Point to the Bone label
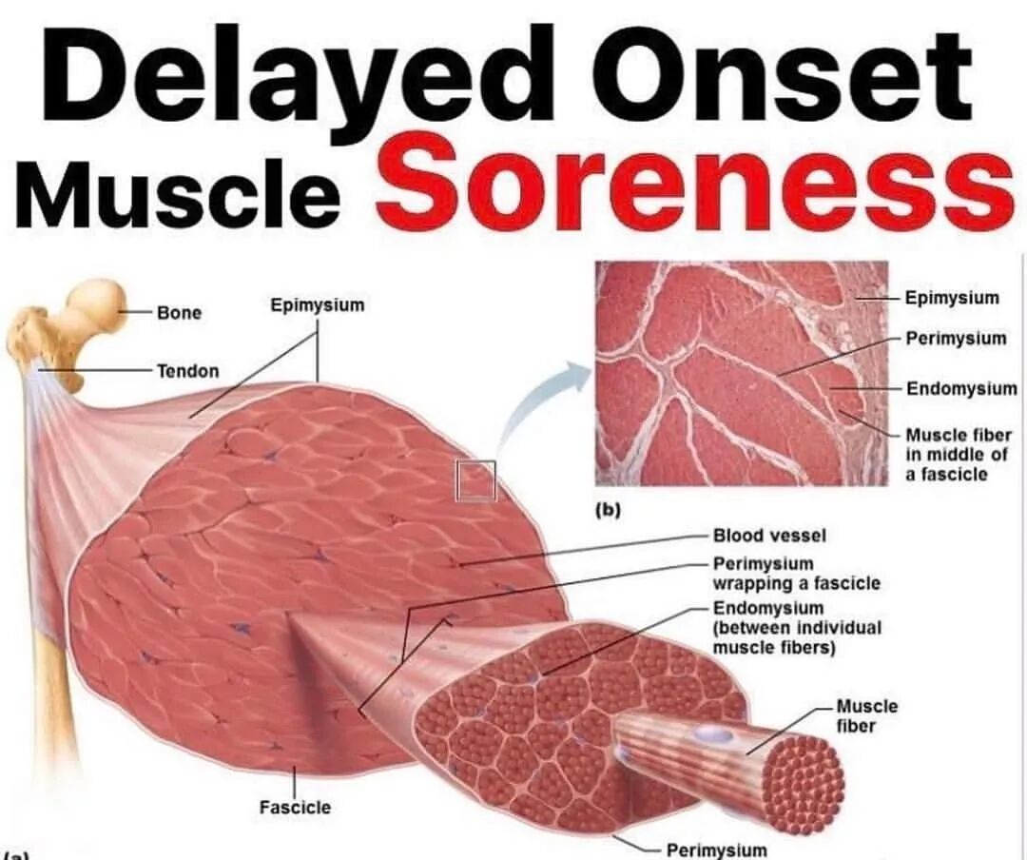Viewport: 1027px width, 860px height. pos(180,312)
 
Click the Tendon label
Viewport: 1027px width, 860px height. pos(187,370)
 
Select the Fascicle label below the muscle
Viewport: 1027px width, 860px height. pos(295,807)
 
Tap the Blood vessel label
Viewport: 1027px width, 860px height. pos(769,536)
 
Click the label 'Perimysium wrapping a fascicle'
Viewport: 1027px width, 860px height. pos(796,573)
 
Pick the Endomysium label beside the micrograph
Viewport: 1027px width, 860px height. pos(960,389)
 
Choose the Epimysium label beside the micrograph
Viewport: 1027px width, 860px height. pos(952,298)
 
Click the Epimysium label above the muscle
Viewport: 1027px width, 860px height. pos(318,305)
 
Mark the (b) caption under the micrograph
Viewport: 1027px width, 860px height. pos(607,511)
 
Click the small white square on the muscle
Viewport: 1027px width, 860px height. pos(475,479)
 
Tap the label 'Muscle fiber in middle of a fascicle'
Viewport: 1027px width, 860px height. pos(959,454)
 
